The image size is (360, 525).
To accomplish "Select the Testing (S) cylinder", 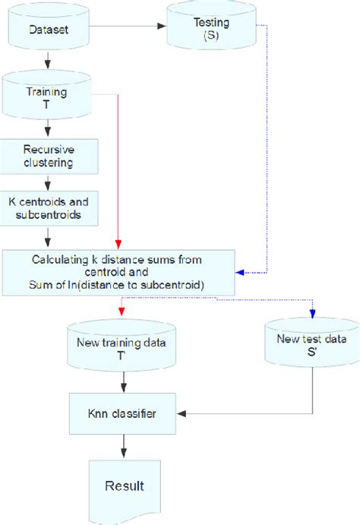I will pos(200,30).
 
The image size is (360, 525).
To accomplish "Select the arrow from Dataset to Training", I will pos(47,59).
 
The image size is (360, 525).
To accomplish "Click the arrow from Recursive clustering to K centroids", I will pos(47,182).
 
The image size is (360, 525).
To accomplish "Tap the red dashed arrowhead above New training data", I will pos(121,310).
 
